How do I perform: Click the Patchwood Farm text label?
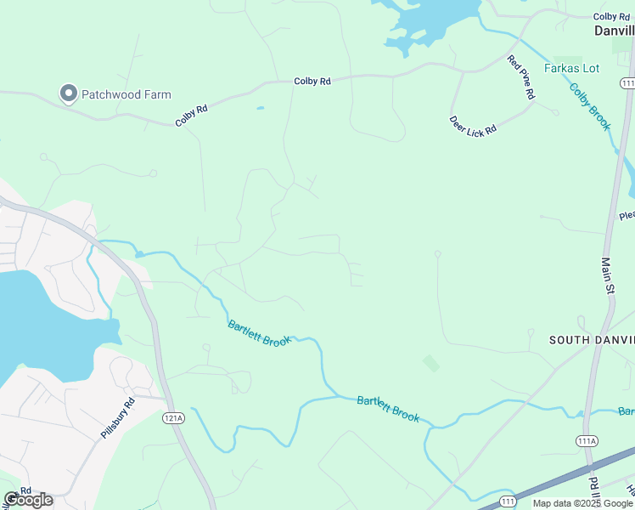click(x=126, y=94)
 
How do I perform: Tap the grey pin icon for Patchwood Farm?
click(x=68, y=93)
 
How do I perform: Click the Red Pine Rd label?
click(x=520, y=78)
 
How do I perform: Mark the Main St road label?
click(x=608, y=277)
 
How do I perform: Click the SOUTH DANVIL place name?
click(x=591, y=340)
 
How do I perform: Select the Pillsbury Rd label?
click(x=117, y=418)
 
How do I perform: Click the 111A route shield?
click(x=587, y=440)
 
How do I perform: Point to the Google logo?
click(x=28, y=500)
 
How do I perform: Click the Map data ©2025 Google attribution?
click(x=582, y=504)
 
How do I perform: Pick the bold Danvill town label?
click(x=613, y=30)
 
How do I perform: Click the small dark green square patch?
click(x=431, y=363)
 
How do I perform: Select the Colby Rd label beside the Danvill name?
click(x=611, y=16)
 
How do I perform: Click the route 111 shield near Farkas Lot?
click(x=627, y=82)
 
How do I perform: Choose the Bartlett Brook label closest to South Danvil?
click(x=388, y=408)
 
